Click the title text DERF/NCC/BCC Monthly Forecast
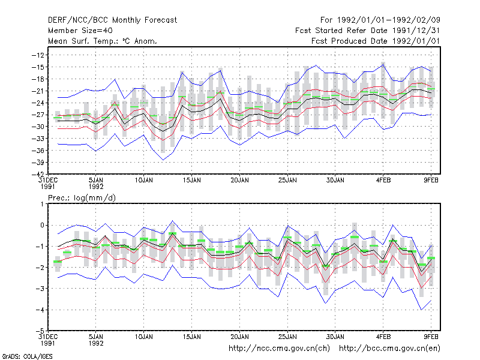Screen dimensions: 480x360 pyautogui.click(x=112, y=20)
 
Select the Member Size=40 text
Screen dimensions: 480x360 pyautogui.click(x=80, y=31)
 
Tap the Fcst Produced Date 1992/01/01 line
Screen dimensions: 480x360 pyautogui.click(x=376, y=41)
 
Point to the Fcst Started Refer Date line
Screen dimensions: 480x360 pyautogui.click(x=367, y=31)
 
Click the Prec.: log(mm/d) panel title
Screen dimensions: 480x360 pyautogui.click(x=82, y=198)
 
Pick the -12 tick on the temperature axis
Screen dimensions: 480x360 pyautogui.click(x=38, y=55)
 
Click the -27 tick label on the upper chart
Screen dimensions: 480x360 pyautogui.click(x=38, y=115)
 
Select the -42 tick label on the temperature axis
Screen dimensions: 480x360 pyautogui.click(x=38, y=174)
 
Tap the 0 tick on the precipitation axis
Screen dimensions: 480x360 pyautogui.click(x=42, y=226)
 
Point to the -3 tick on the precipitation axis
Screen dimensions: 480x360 pyautogui.click(x=40, y=289)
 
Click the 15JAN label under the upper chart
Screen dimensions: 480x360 pyautogui.click(x=191, y=181)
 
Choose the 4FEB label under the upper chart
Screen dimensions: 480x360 pyautogui.click(x=383, y=181)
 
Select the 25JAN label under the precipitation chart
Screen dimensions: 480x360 pyautogui.click(x=287, y=337)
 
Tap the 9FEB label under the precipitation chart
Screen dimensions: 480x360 pyautogui.click(x=431, y=337)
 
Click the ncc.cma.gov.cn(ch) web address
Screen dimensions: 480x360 pyautogui.click(x=279, y=349)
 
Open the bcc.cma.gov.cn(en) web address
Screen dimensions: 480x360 pyautogui.click(x=389, y=349)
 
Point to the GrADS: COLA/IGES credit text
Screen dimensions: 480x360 pyautogui.click(x=27, y=356)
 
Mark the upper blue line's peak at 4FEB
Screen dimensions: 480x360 pyautogui.click(x=383, y=65)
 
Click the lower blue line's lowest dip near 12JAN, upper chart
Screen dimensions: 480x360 pyautogui.click(x=163, y=160)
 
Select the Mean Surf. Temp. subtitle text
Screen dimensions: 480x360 pyautogui.click(x=102, y=41)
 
